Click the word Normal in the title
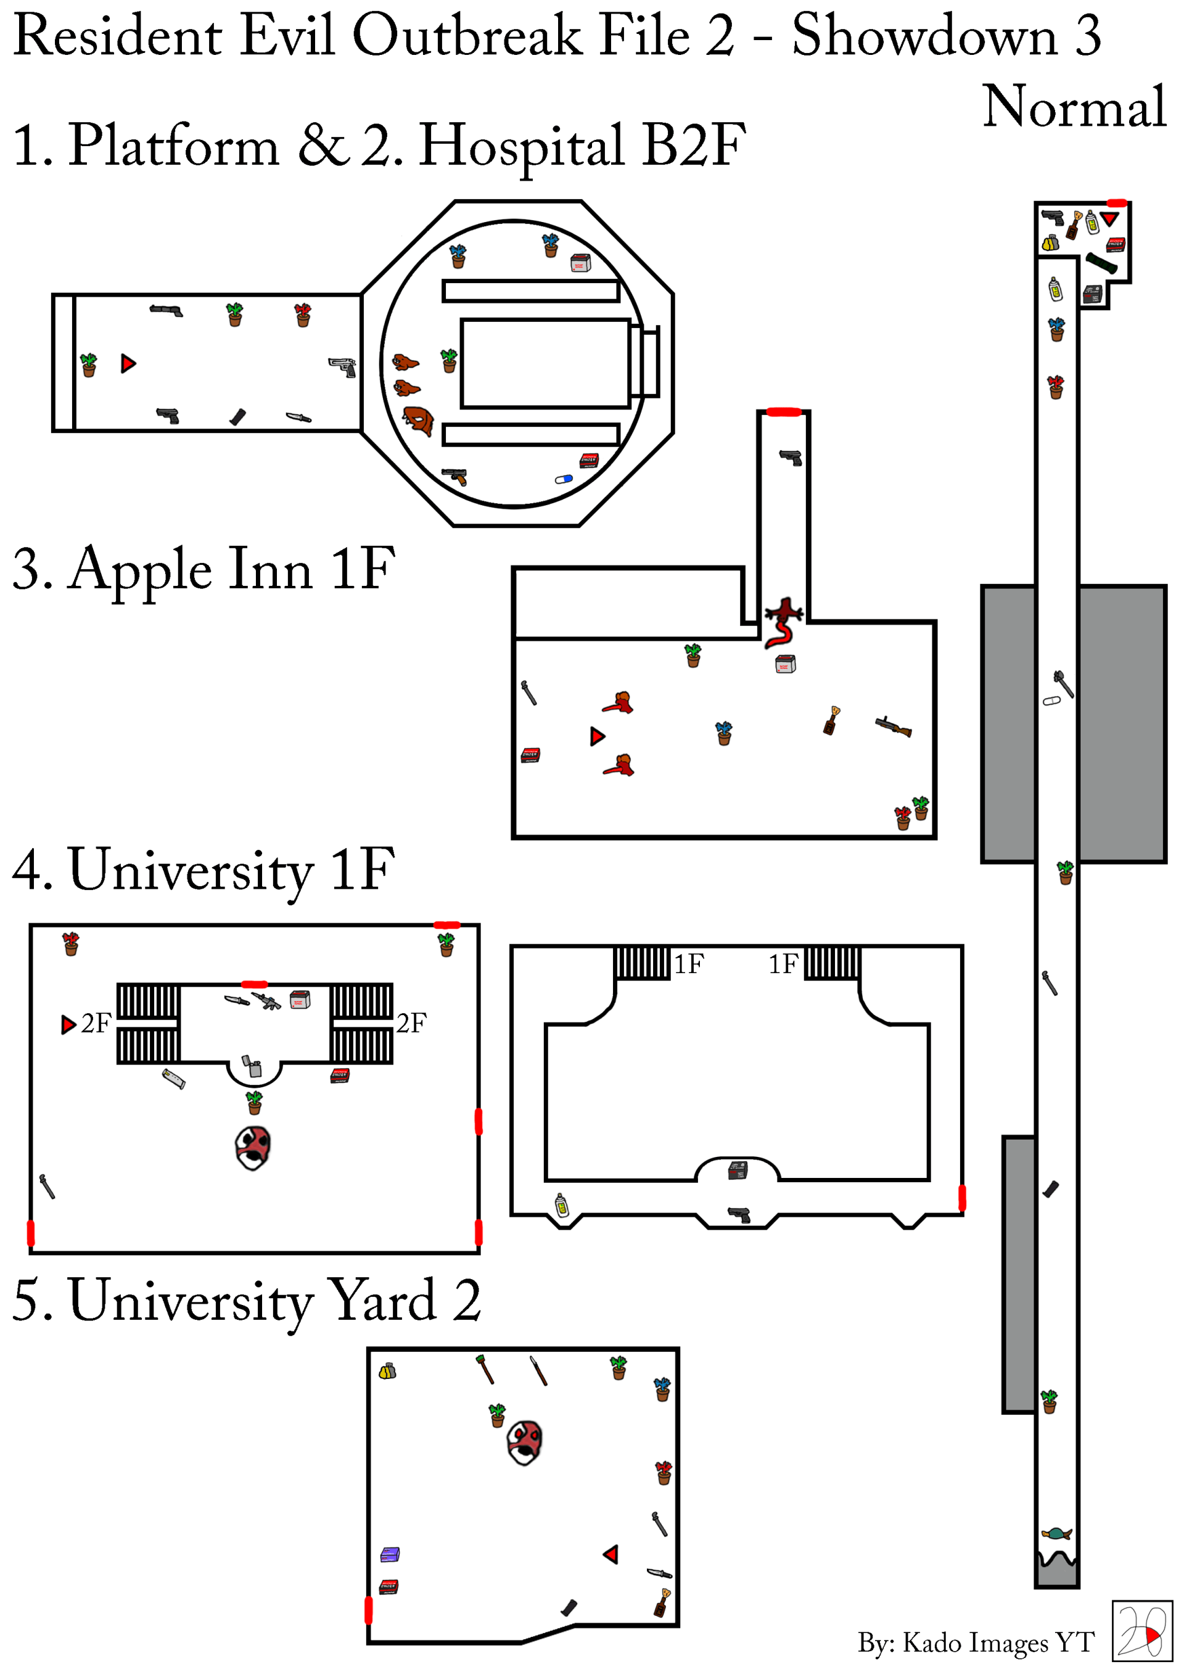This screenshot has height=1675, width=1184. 1074,107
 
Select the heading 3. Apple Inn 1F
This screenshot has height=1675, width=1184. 204,569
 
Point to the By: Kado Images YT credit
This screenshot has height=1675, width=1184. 976,1642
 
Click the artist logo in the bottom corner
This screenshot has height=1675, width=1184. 1141,1631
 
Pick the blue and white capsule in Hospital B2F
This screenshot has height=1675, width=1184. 564,479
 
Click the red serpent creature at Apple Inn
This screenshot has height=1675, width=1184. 783,622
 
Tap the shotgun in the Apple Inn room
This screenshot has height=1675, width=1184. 894,726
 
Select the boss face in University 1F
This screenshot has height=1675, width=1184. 253,1147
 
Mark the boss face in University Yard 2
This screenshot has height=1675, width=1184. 525,1442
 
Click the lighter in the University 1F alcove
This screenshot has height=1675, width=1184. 252,1066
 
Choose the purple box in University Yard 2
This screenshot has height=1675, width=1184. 390,1555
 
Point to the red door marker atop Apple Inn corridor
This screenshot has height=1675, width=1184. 784,412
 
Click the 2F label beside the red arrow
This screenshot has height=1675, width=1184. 96,1024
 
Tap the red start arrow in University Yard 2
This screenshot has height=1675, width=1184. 611,1555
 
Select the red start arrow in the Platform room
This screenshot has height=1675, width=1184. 128,363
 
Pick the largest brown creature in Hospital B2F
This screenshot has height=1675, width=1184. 419,420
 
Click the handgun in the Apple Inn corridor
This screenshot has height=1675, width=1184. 791,458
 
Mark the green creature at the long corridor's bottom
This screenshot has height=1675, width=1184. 1056,1533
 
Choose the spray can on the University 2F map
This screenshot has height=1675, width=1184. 562,1204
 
